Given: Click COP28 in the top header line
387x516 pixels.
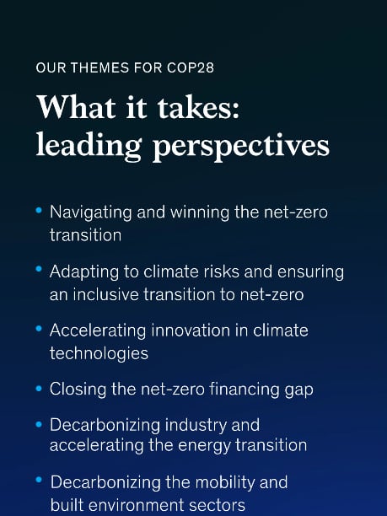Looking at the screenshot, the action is coord(191,67).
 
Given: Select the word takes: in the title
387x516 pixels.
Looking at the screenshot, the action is coord(198,107).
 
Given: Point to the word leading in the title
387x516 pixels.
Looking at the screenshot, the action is coord(89,146).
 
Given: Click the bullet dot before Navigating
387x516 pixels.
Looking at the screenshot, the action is coord(39,210).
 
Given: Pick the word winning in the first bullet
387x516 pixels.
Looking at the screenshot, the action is coord(200,212).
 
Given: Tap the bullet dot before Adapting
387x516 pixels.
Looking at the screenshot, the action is coord(39,269).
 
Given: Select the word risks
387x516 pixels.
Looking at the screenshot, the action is coord(221,271).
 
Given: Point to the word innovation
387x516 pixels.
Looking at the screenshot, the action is coord(191,330).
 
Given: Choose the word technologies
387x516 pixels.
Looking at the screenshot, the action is coord(99,354).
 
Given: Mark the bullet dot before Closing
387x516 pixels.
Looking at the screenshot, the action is coord(39,389).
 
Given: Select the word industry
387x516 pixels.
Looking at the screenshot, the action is coord(196,425).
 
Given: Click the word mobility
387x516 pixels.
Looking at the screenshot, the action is coord(224,483).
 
